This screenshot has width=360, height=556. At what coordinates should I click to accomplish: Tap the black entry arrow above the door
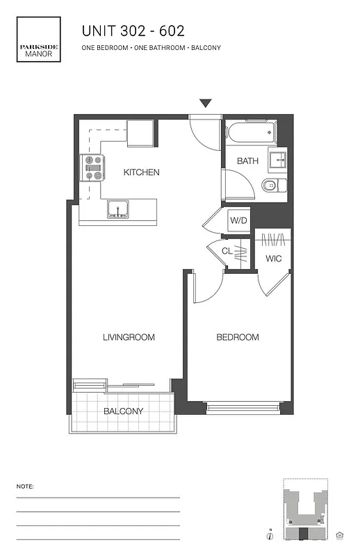tap(205, 104)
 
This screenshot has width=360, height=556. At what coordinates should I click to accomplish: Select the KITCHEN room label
tap(142, 172)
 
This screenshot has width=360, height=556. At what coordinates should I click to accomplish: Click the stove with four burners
tap(93, 167)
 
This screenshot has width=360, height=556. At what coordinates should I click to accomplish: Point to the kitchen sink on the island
tap(117, 208)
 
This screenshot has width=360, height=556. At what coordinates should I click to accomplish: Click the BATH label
tap(247, 161)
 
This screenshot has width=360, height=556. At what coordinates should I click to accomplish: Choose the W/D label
tap(238, 221)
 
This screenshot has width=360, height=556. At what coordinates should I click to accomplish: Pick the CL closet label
tap(227, 252)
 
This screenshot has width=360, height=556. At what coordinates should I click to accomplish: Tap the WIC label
tap(273, 259)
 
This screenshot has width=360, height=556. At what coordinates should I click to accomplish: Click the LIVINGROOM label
tap(128, 338)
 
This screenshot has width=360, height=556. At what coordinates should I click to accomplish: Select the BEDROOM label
tap(238, 338)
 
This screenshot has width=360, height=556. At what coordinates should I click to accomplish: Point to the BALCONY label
tap(123, 411)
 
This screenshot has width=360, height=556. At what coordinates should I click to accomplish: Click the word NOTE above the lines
tap(24, 486)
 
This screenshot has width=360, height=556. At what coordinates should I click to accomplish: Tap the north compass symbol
tap(269, 534)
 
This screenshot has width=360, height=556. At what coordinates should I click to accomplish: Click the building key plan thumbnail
tap(306, 511)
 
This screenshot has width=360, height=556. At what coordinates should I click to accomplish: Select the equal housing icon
tap(340, 534)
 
